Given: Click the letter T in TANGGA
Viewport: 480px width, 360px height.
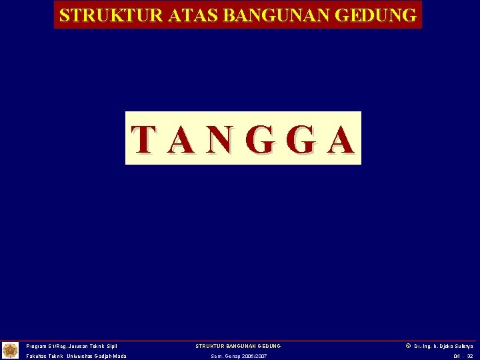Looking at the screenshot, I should (145, 139).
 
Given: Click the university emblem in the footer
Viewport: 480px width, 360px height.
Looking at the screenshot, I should (10, 350).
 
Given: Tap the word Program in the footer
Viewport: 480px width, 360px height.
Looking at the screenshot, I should (37, 346).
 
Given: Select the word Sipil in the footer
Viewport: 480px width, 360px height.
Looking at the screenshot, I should (111, 346).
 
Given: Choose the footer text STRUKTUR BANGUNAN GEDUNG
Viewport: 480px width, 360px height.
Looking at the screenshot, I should (238, 346).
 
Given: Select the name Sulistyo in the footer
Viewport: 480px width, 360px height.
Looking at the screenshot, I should (461, 346).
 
